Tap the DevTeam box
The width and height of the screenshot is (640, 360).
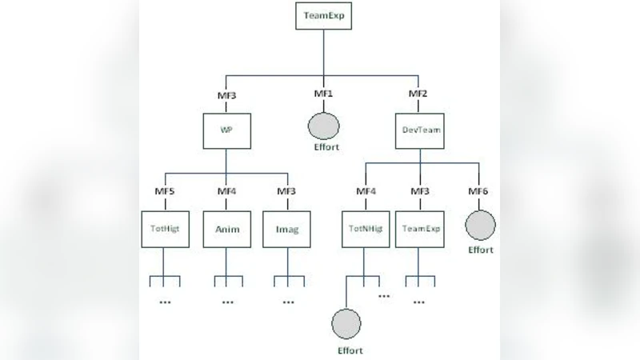click(x=418, y=128)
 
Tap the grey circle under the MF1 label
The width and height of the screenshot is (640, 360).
click(x=325, y=126)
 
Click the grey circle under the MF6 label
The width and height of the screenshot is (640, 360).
click(x=480, y=226)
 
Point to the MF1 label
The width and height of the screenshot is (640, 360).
click(x=323, y=94)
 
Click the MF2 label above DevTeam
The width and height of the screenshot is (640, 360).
click(x=418, y=94)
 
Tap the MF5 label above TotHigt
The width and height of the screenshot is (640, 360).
click(x=165, y=191)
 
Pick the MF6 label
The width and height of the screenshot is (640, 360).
click(x=479, y=191)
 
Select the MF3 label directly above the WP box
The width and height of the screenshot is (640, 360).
click(x=226, y=94)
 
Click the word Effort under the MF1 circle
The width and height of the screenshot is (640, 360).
click(x=325, y=148)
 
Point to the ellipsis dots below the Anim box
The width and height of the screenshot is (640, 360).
click(x=227, y=302)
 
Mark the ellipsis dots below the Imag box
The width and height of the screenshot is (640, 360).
click(x=288, y=302)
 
